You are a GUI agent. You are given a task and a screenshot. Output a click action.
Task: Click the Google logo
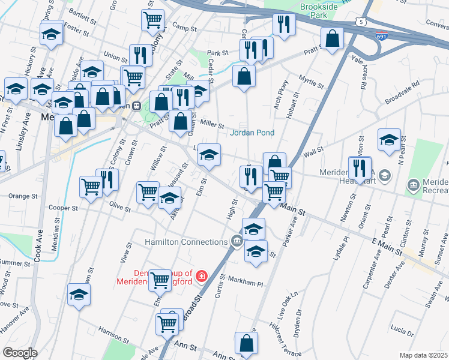(x=20, y=352)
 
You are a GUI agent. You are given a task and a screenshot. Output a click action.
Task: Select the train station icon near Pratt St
(x=137, y=106)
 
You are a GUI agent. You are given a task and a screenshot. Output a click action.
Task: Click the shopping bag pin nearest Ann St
(x=246, y=343)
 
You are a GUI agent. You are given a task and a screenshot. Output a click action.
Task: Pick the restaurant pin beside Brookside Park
(x=282, y=24)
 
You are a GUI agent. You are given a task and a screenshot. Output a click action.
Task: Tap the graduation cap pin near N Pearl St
(x=389, y=139)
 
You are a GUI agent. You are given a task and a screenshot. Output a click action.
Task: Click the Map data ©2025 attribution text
(x=424, y=355)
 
